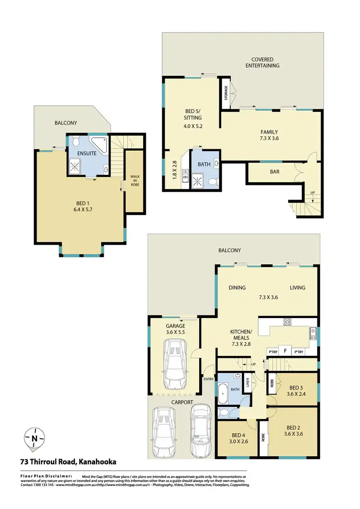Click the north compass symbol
pos(34,438)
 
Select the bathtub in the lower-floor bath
pos(222,393)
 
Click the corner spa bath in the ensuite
pos(100,143)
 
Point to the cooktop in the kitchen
pos(288,322)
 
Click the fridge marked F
pos(285,351)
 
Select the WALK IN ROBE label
pos(134,180)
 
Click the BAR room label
pos(275,171)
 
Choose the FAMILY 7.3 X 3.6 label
pos(269,135)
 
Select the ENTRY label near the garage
pos(208,379)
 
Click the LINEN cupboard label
pos(248,382)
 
